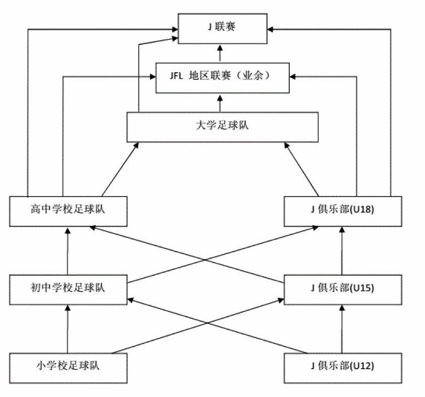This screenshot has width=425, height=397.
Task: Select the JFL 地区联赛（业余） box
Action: (x=222, y=77)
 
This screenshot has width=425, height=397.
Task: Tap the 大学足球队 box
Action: (x=222, y=127)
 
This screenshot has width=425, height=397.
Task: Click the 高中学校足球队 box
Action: (x=68, y=211)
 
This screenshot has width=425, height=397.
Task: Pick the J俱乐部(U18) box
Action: (x=344, y=211)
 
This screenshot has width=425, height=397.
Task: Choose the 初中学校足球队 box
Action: (x=68, y=289)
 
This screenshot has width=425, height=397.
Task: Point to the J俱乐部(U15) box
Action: (x=344, y=289)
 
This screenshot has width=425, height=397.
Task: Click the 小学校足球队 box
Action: (x=68, y=367)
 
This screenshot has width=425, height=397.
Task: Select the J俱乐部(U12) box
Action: (x=344, y=367)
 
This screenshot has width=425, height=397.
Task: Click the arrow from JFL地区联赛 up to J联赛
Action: (x=221, y=53)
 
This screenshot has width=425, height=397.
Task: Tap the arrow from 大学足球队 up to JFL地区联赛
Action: (x=221, y=103)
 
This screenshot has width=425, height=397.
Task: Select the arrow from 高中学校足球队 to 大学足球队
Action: (x=119, y=169)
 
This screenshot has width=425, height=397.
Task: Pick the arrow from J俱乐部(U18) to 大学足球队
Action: (x=302, y=169)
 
